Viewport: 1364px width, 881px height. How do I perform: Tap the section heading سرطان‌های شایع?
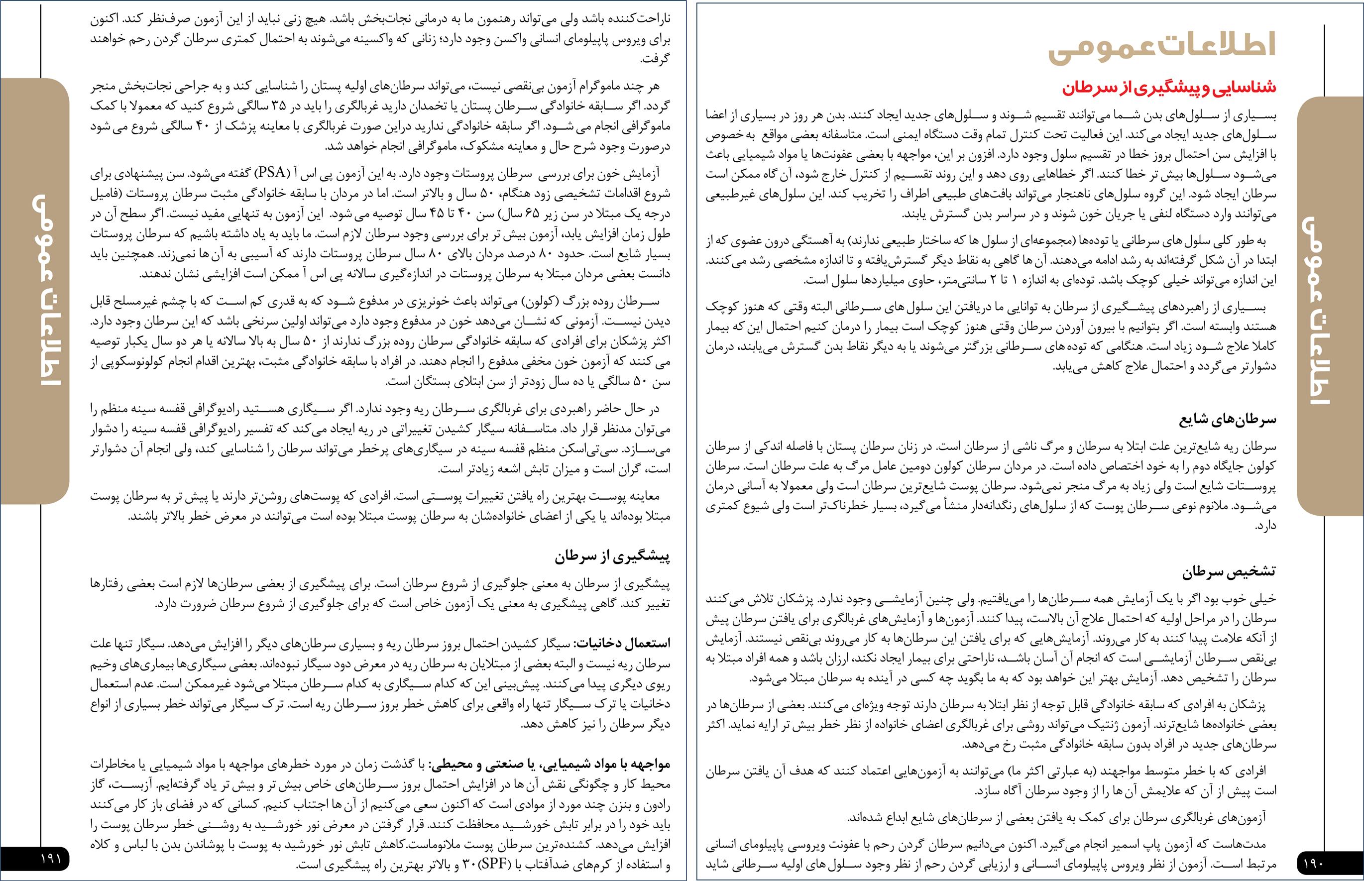pyautogui.click(x=1227, y=419)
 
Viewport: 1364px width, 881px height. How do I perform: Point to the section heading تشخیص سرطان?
pyautogui.click(x=1230, y=571)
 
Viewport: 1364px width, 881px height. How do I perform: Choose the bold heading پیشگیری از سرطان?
pyautogui.click(x=612, y=556)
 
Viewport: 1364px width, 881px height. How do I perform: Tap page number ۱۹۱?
pyautogui.click(x=51, y=859)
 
